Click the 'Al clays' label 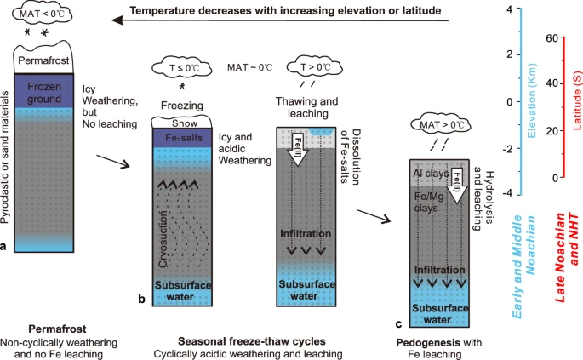coord(432,171)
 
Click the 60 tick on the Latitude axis coord(554,38)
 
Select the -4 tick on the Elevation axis coord(508,194)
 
